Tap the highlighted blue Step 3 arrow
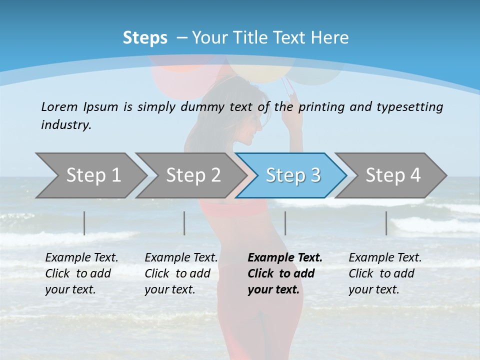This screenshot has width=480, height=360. tap(293, 175)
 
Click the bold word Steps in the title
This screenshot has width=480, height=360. tap(145, 38)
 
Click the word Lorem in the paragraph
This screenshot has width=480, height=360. tap(59, 106)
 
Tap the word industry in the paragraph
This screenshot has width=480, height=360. tap(65, 124)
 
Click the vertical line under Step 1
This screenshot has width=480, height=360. tap(84, 223)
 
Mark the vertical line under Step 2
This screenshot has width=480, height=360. tap(184, 223)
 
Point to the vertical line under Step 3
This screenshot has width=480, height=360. tap(285, 223)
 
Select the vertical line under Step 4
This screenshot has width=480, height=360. tap(386, 223)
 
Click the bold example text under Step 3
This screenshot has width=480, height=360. tap(285, 273)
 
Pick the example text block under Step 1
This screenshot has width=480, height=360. tap(81, 273)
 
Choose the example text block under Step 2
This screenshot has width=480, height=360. tap(181, 273)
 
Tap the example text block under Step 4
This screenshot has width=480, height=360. tap(385, 273)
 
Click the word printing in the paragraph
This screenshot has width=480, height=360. tap(319, 106)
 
